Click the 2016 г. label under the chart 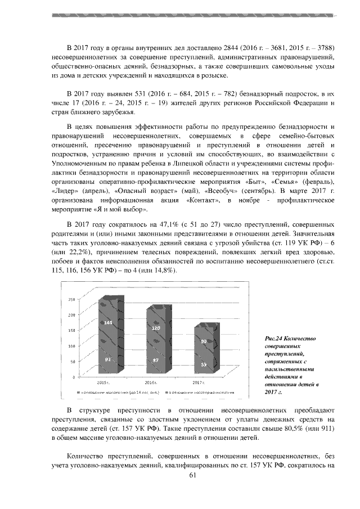151,382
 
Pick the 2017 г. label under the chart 199,382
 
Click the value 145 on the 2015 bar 108,322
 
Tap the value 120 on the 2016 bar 157,327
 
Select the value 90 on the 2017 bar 204,341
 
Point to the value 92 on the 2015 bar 108,359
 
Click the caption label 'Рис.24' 273,339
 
